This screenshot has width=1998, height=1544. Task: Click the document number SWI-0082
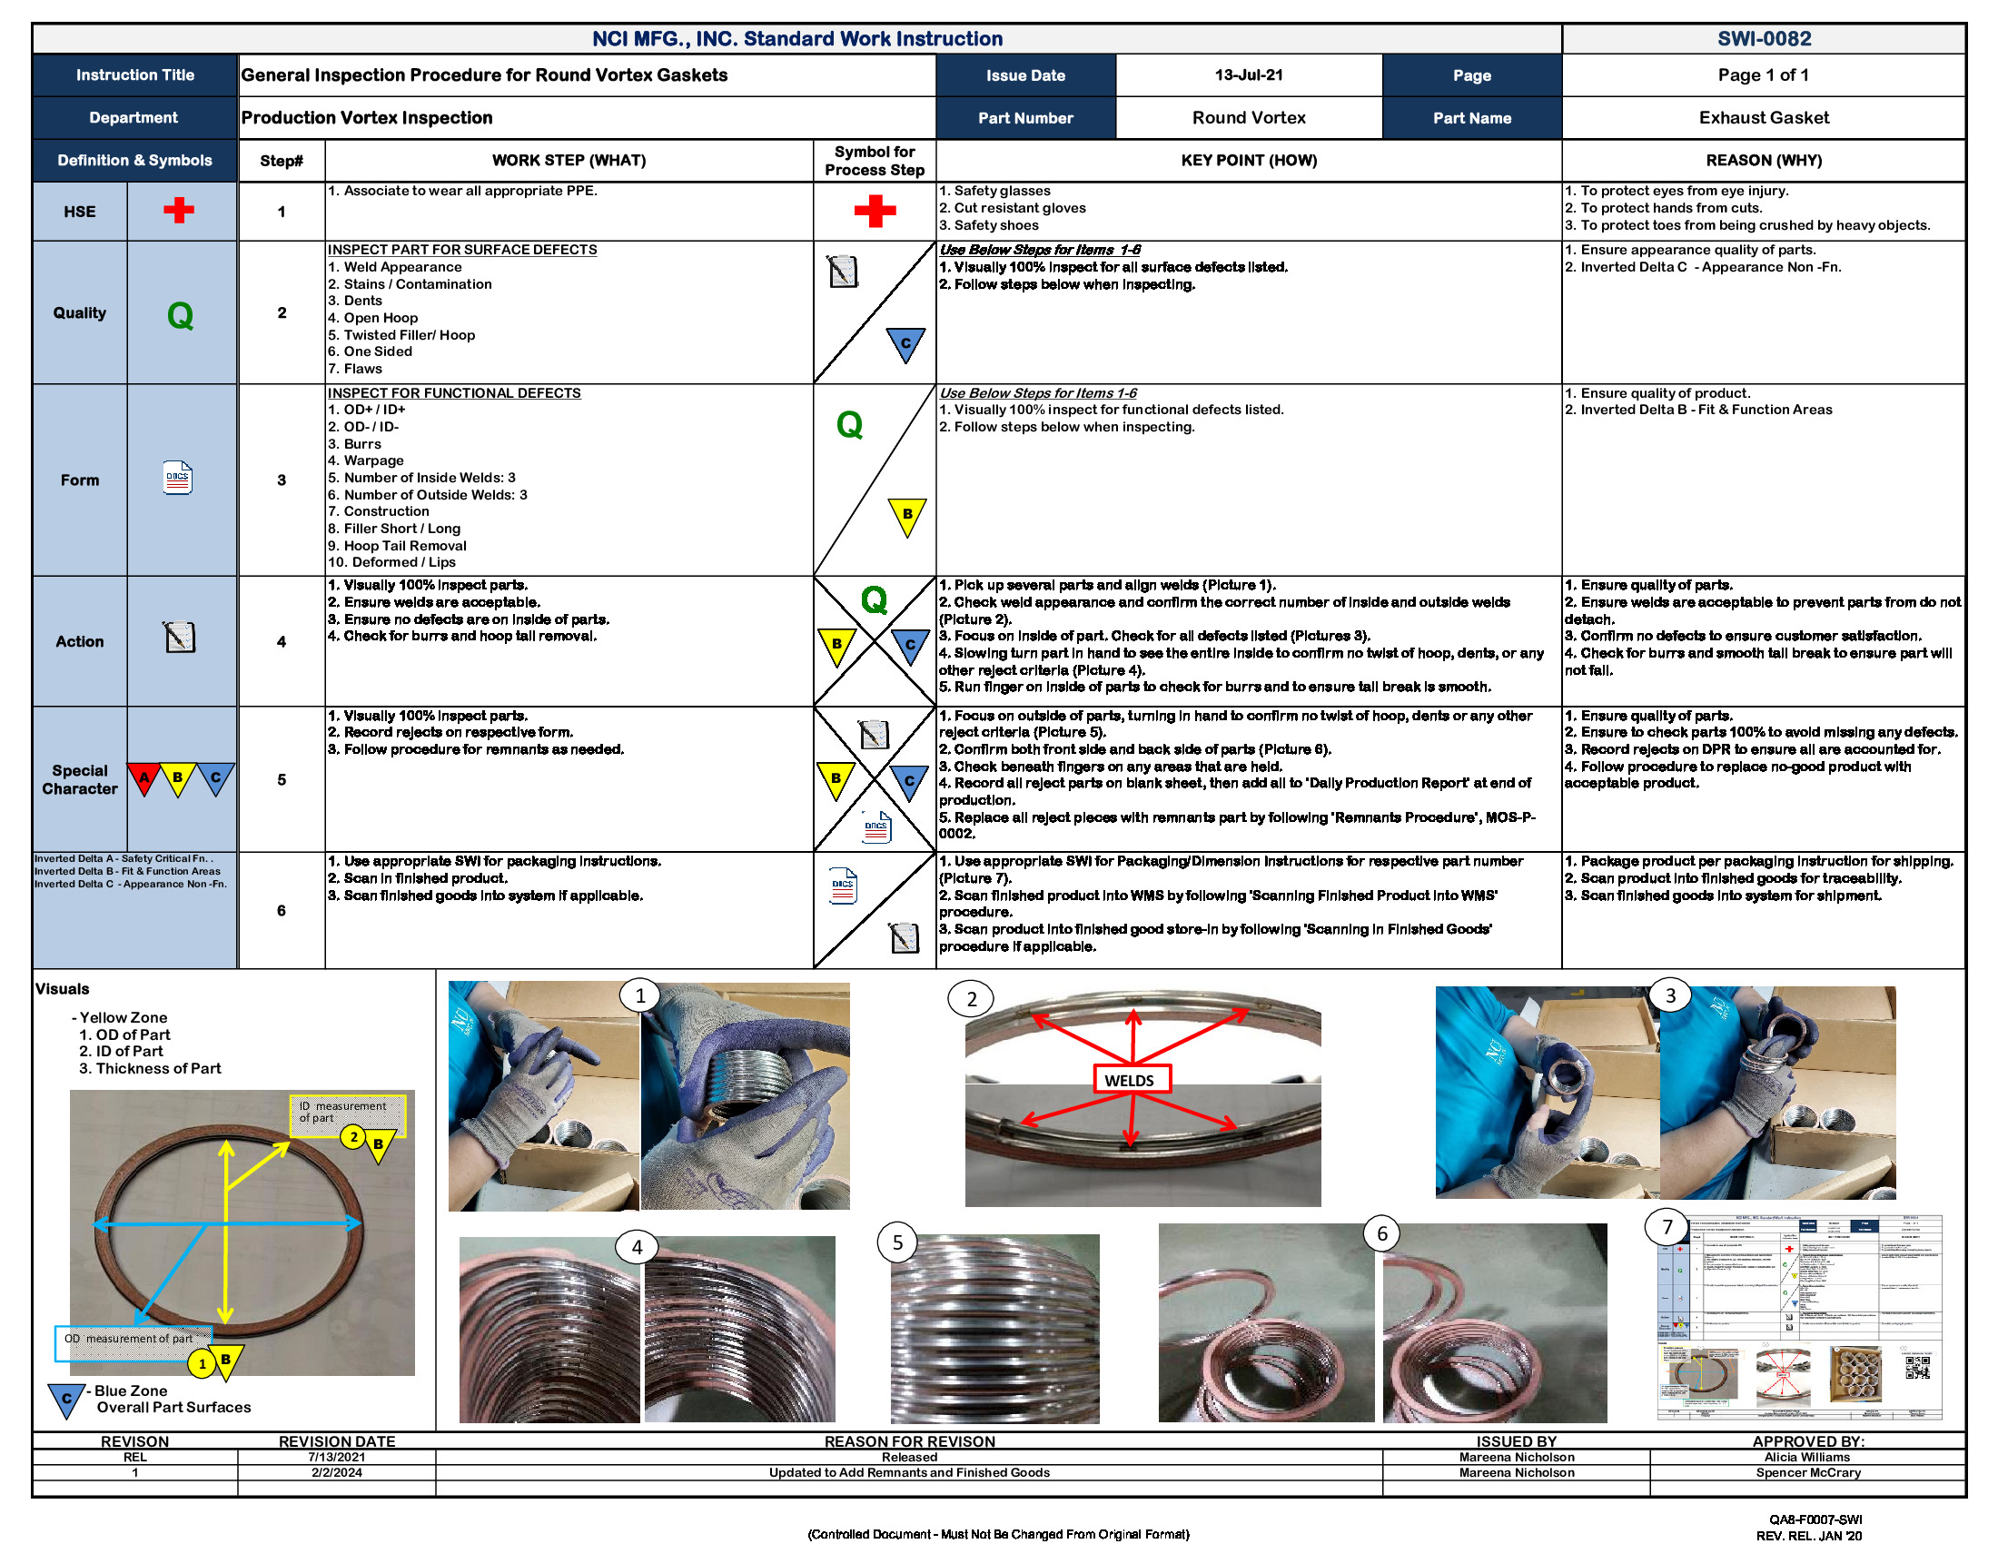(1763, 38)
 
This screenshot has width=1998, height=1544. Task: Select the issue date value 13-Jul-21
(1248, 75)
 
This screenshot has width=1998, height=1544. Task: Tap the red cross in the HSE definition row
(178, 211)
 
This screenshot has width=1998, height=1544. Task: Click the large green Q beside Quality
(180, 314)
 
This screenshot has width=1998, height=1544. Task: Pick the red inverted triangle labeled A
(143, 777)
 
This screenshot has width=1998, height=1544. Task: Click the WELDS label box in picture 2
(1131, 1079)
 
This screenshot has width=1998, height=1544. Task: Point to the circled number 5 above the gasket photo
(897, 1242)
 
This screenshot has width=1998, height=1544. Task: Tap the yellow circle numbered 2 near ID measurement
(354, 1137)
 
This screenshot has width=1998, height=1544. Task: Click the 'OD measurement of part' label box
(133, 1339)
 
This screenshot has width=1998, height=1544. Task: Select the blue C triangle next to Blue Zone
(66, 1399)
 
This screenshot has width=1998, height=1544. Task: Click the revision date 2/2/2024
(336, 1472)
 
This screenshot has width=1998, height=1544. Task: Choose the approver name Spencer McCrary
(1806, 1472)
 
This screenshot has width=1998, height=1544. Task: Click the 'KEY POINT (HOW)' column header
(1248, 160)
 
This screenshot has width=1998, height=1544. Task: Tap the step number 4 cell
(281, 641)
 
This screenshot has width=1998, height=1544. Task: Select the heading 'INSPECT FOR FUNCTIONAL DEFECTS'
(454, 392)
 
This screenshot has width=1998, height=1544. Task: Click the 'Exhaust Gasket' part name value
(1763, 117)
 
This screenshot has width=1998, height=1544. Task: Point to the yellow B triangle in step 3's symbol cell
(906, 515)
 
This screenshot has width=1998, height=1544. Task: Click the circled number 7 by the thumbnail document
(1667, 1227)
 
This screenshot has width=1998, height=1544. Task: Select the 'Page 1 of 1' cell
(1763, 75)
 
